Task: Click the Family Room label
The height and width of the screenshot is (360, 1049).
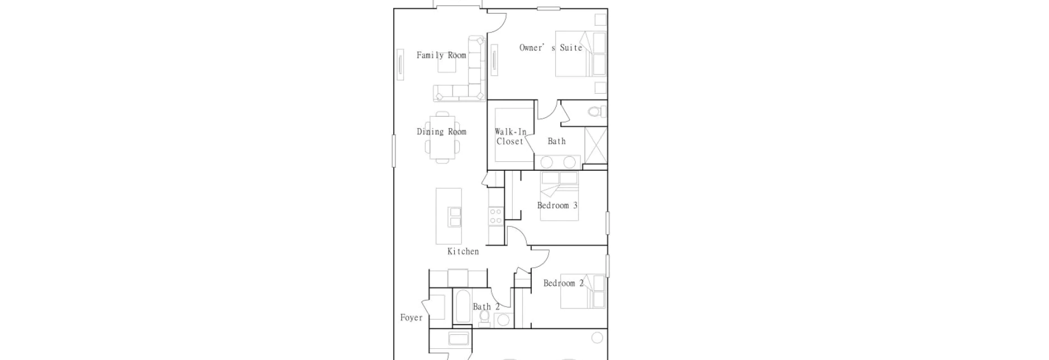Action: click(x=441, y=55)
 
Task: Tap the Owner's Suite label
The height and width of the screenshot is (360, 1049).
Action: click(x=551, y=48)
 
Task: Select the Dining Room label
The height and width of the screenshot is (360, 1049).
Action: click(x=441, y=131)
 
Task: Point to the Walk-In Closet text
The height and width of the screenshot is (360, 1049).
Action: click(x=510, y=136)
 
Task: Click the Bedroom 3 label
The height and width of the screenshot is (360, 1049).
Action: click(x=557, y=206)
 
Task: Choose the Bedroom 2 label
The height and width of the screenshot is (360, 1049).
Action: click(x=563, y=283)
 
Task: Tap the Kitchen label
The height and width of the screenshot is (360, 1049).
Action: click(x=463, y=252)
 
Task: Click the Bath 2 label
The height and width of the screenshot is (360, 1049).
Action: click(x=486, y=307)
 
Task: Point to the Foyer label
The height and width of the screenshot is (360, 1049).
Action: click(x=412, y=318)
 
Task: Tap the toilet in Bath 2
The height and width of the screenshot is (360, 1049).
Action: click(x=485, y=317)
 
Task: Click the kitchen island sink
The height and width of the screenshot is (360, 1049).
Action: click(x=454, y=217)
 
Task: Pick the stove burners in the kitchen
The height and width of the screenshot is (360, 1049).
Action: click(x=495, y=216)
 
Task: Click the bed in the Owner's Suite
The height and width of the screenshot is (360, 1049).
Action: click(x=581, y=53)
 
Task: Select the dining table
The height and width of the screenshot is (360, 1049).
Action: click(x=442, y=139)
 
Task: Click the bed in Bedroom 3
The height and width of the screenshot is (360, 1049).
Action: click(x=559, y=195)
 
